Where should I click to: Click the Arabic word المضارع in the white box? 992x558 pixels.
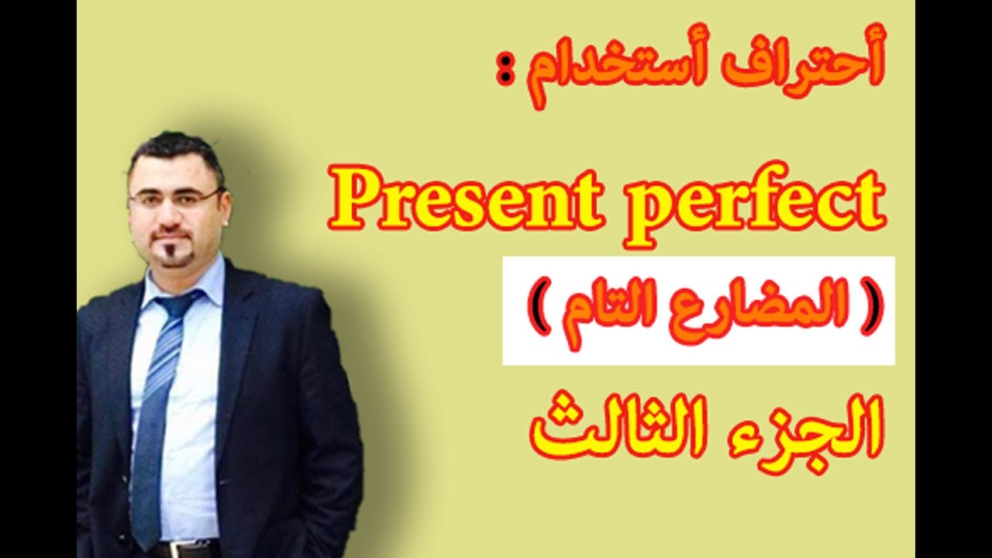pyautogui.click(x=768, y=310)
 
